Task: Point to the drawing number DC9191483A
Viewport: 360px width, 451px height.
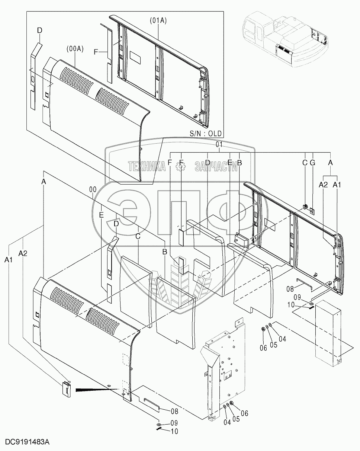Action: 27,442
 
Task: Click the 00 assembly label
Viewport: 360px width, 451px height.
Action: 93,189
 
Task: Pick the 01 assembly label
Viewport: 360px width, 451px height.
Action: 219,144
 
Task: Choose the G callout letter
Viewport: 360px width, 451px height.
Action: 312,162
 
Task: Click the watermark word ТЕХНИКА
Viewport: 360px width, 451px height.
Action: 147,167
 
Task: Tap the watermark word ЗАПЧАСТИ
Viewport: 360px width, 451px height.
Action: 216,167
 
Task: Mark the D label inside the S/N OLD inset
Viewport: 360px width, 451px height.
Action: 40,30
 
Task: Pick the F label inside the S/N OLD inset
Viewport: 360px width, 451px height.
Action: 96,53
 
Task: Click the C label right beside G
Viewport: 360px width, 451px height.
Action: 305,162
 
